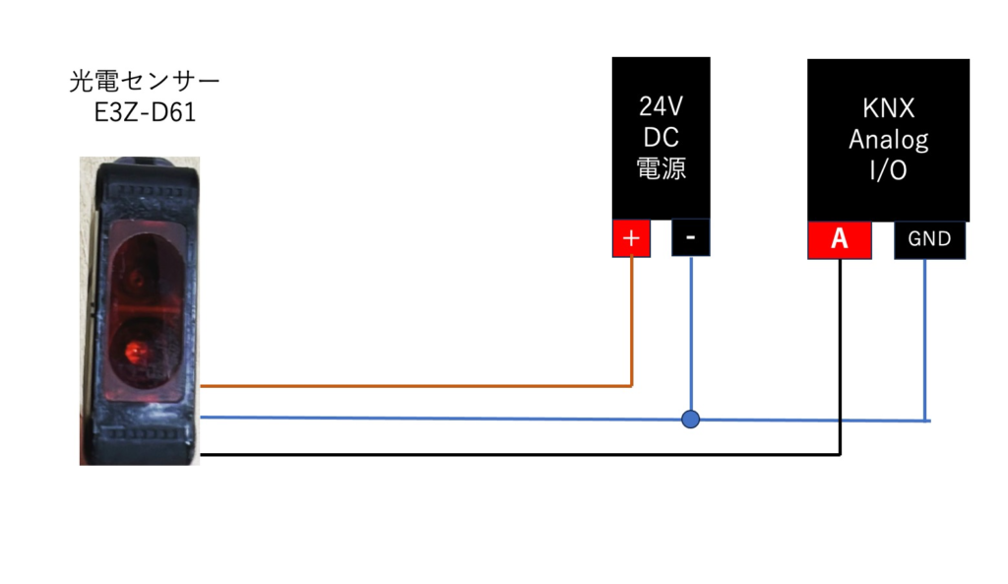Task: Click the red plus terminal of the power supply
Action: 631,238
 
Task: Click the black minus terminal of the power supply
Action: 690,237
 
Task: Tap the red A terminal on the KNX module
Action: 840,240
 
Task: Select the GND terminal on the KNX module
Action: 929,240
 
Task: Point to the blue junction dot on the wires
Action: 690,420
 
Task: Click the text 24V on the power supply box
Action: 661,106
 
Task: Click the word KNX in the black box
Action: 889,108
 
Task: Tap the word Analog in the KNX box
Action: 889,140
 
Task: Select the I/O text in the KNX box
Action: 889,170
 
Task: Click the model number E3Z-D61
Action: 145,112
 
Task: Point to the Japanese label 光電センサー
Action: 145,81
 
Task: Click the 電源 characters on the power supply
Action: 661,168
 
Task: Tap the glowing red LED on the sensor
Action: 134,352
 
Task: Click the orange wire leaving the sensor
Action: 416,386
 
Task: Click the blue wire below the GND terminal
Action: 925,340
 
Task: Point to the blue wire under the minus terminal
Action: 691,333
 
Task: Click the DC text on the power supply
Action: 661,137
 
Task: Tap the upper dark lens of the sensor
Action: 136,278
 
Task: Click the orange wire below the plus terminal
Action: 632,322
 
